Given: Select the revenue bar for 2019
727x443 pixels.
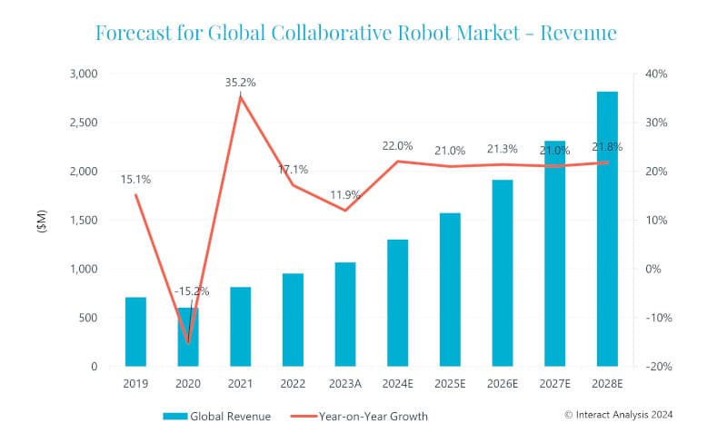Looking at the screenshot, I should (135, 331).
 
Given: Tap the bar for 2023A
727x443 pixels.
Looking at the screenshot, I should (344, 314).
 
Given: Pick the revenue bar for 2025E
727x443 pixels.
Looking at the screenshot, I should (450, 290).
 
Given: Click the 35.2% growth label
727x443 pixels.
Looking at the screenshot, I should (241, 83).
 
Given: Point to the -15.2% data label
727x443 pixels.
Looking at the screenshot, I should (192, 291).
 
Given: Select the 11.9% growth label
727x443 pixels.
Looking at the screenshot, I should (344, 194).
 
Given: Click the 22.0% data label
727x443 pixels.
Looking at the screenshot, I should (397, 145).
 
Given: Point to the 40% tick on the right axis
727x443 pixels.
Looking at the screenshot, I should (656, 74).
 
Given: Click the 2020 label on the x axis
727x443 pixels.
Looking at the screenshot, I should (188, 384).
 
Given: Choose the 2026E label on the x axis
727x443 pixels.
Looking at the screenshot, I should (503, 384).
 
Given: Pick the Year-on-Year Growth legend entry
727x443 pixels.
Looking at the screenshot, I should (359, 417).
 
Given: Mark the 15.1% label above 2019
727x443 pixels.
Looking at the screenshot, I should (135, 180).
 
